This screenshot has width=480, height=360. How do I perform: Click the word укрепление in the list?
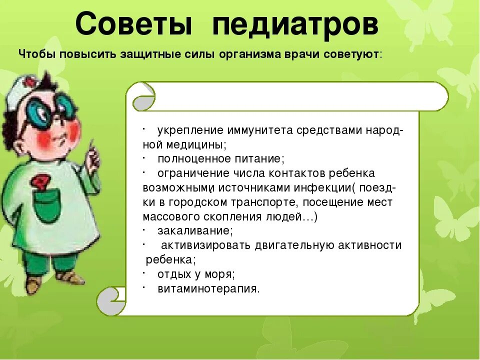point(190,131)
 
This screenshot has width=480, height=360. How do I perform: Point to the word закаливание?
point(195,231)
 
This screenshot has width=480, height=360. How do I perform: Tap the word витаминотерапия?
point(208,288)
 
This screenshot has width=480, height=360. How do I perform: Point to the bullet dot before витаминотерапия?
point(143,286)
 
